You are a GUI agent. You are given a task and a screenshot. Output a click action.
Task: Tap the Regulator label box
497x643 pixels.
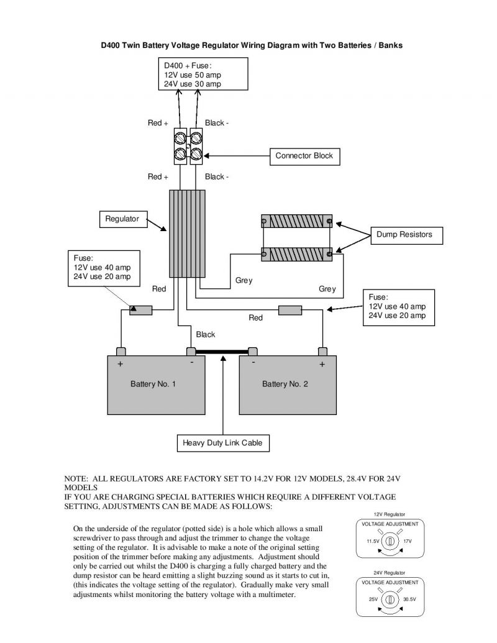122,219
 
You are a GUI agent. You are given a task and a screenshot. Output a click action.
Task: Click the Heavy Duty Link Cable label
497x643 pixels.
222,443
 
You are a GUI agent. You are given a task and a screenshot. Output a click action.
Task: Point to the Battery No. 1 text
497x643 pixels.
153,385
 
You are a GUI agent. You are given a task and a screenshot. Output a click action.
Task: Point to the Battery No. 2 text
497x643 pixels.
285,385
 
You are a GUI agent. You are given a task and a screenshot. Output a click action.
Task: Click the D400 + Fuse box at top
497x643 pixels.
202,75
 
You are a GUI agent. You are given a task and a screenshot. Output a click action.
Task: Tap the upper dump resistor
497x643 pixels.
297,222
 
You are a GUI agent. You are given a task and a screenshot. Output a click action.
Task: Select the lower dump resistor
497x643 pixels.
297,253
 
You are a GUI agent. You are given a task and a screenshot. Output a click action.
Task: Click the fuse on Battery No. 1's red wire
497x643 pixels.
140,309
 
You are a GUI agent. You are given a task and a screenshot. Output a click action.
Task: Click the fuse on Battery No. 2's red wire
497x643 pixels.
290,309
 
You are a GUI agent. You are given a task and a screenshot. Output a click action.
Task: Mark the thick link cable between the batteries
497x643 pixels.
222,352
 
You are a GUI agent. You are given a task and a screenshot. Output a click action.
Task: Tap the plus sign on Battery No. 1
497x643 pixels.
121,364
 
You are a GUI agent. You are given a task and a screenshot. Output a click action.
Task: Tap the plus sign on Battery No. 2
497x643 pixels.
322,364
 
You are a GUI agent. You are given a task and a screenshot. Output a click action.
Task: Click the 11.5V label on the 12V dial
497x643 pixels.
372,542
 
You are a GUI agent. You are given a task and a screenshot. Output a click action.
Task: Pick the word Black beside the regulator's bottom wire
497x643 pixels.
206,335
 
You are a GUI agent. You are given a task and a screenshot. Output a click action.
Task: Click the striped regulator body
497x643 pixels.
187,233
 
